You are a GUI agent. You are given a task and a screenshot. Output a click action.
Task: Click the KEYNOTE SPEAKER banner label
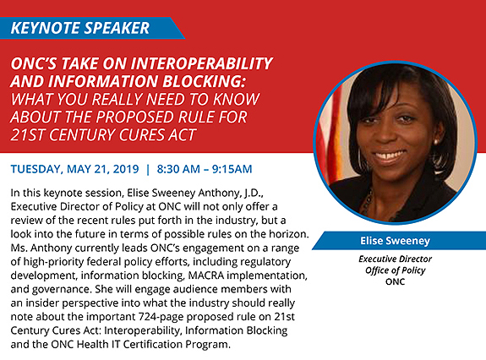point(80,28)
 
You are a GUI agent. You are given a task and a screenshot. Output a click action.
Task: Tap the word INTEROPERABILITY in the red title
point(202,63)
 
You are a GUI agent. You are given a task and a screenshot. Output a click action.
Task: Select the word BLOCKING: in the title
point(204,81)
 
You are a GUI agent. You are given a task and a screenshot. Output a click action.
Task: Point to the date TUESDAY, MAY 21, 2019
point(74,169)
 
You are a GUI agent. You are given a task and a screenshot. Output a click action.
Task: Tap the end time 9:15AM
point(232,169)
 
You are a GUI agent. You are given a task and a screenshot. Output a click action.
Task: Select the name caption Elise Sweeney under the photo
point(395,241)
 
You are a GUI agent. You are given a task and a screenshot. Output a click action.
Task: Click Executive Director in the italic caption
point(396,259)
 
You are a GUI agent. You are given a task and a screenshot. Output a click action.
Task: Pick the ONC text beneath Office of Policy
point(396,281)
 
